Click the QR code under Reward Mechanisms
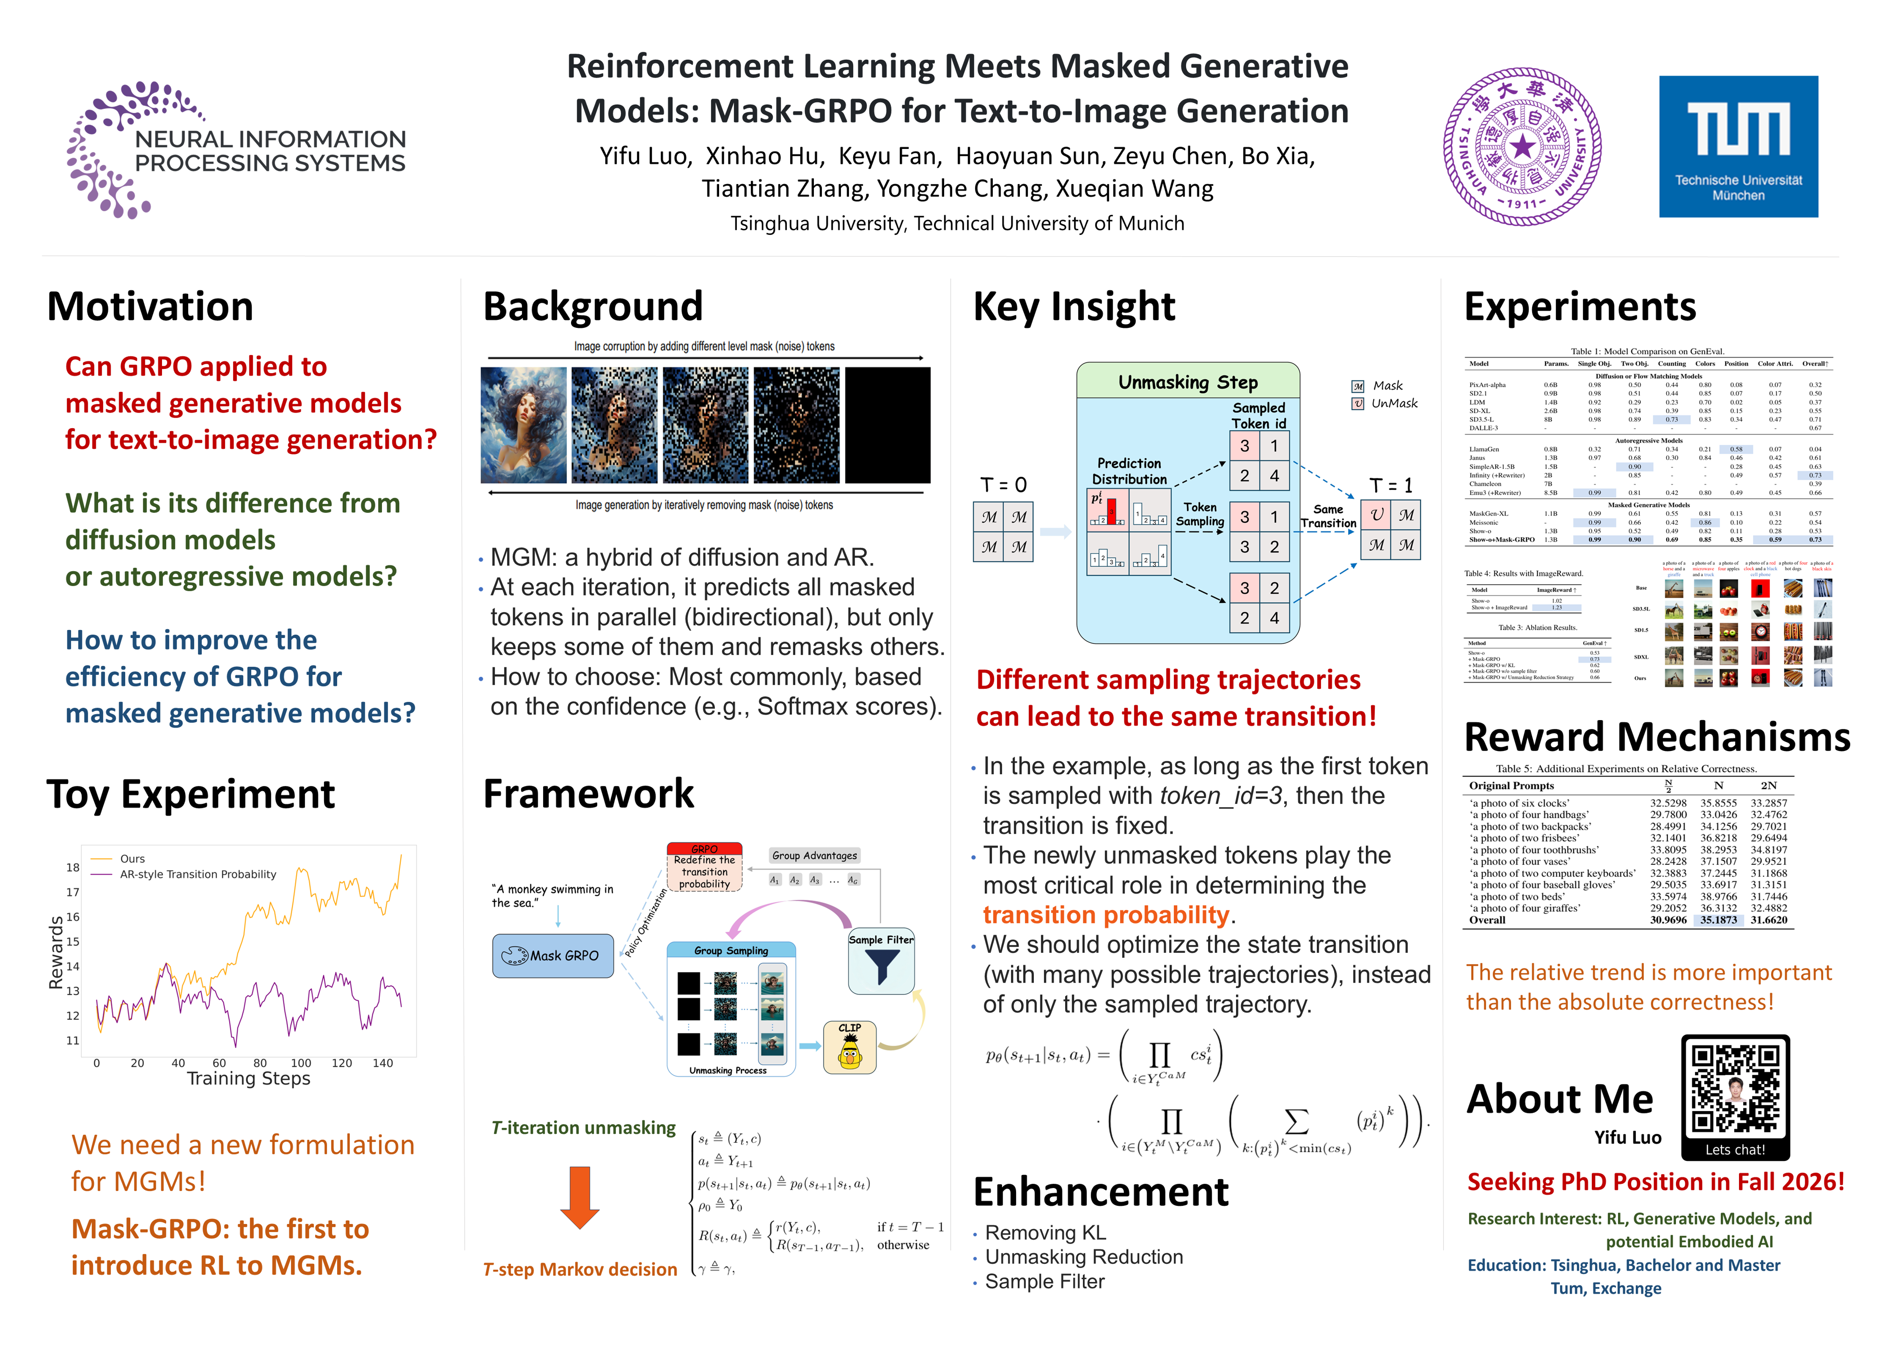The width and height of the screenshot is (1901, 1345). coord(1735,1087)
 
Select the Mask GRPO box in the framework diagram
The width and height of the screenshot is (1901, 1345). coord(552,956)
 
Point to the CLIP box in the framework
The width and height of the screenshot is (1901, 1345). coord(849,1048)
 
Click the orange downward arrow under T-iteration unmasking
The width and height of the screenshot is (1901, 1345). coord(579,1197)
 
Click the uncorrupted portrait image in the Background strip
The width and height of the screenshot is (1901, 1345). coord(523,425)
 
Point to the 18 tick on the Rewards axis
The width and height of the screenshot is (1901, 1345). coord(73,867)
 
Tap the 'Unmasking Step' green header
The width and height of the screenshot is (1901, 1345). coord(1187,382)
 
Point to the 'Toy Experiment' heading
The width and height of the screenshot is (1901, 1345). coord(191,794)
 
